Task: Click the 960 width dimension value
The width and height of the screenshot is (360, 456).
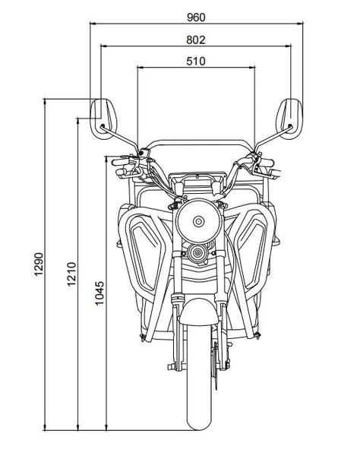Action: coord(195,15)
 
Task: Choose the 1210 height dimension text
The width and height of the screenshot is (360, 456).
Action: coord(71,274)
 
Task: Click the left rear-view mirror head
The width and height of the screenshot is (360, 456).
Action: coord(102,116)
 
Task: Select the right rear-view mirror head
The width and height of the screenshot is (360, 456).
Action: coord(291,116)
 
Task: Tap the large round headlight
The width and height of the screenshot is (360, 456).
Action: coord(197,221)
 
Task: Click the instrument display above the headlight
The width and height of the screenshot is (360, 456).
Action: coord(197,183)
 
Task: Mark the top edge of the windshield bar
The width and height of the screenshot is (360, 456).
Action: coord(197,140)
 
